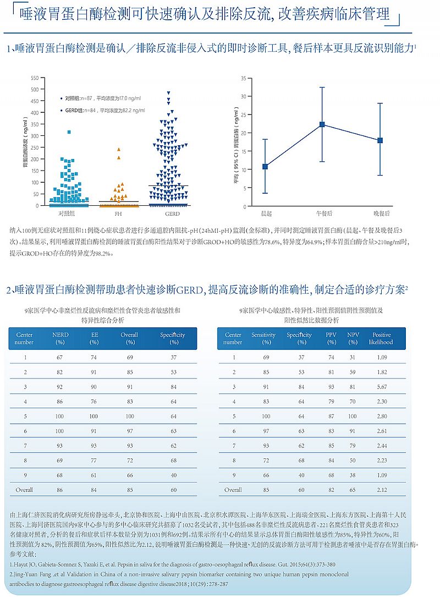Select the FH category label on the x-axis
[x=118, y=212]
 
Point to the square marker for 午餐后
[x=322, y=124]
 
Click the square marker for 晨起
[x=265, y=166]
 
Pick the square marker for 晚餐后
[x=380, y=140]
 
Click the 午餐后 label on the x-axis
[x=322, y=212]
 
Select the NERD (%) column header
[x=61, y=338]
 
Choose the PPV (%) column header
[x=331, y=338]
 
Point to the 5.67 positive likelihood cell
[x=381, y=387]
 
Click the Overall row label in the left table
[x=24, y=490]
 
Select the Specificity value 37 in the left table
[x=174, y=358]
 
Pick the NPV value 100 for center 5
[x=353, y=417]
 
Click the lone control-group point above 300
[x=69, y=132]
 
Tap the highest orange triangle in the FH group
[x=118, y=149]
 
